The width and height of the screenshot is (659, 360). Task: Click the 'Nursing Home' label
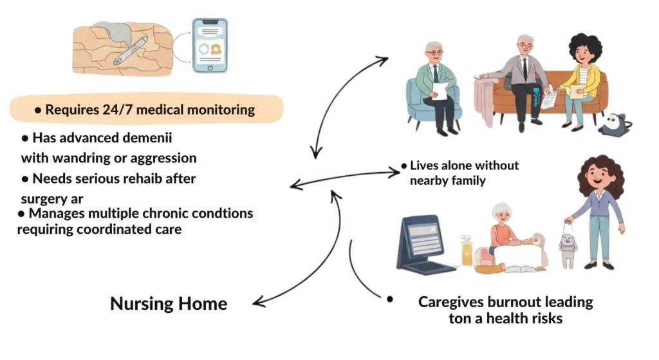(169, 303)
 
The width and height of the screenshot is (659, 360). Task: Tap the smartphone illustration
(209, 45)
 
